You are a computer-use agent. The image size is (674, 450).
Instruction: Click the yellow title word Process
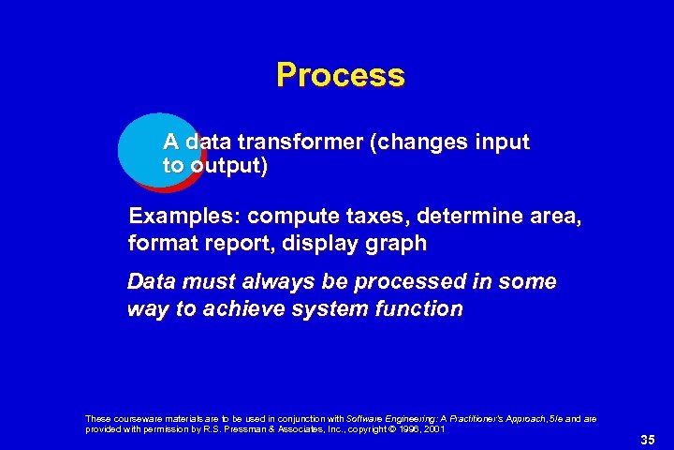pos(340,75)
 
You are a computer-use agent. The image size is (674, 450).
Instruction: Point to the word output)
pos(228,167)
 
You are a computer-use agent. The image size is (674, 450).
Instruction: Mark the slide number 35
pos(647,439)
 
